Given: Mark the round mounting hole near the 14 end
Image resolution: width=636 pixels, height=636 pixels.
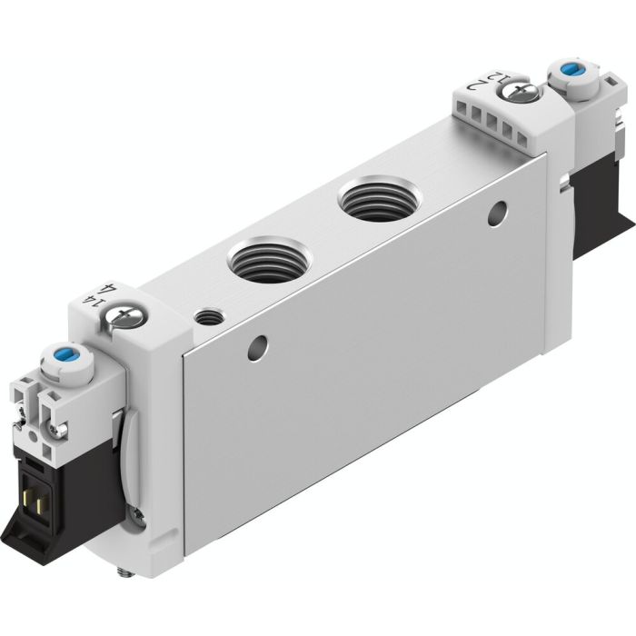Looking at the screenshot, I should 260,345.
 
